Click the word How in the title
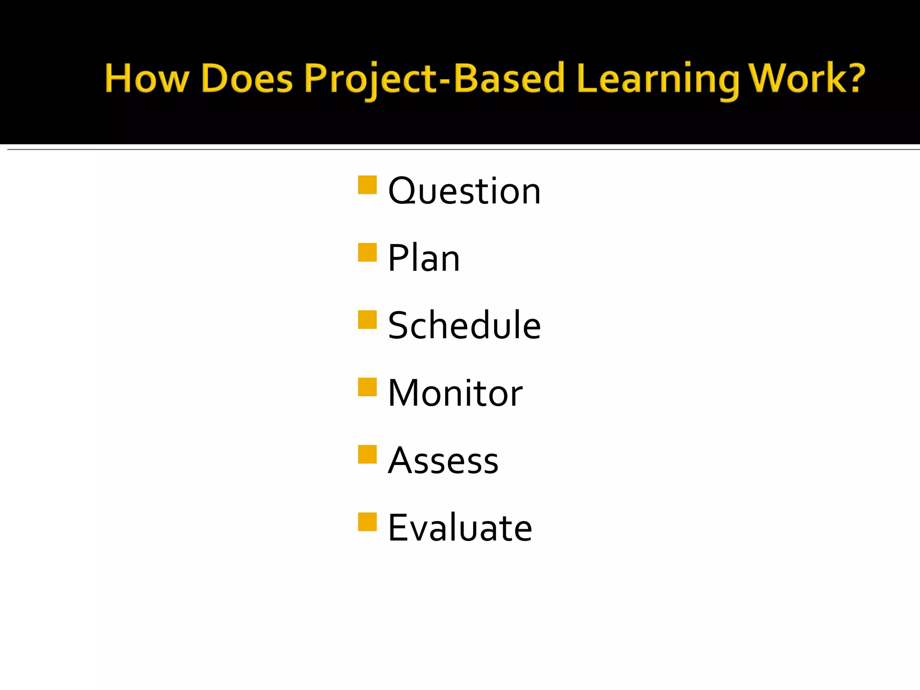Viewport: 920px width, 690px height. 146,79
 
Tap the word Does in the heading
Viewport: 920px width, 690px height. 247,79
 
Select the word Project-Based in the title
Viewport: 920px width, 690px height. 434,79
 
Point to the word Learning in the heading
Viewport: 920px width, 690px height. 658,79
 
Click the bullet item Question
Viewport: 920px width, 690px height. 464,191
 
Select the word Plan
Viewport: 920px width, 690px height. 424,258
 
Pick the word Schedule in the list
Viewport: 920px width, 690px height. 464,325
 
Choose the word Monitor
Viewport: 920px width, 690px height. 455,393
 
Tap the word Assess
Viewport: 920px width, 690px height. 443,461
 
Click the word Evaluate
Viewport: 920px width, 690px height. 460,528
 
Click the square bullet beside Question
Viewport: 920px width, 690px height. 367,185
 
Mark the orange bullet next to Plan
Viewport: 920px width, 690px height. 367,252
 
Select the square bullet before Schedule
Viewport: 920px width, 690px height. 367,319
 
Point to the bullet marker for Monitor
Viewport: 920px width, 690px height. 367,387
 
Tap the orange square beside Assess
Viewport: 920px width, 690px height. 367,454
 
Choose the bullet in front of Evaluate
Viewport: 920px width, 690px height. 367,522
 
